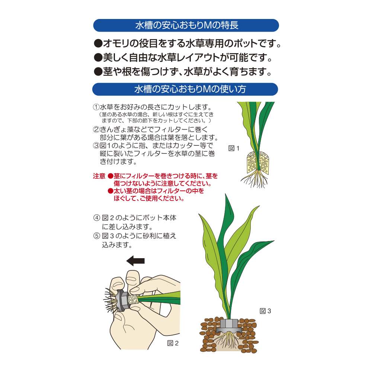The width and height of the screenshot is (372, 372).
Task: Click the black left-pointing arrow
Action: tap(135, 261)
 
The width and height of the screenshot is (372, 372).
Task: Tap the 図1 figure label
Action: tap(234, 148)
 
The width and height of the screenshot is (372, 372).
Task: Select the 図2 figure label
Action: tap(173, 343)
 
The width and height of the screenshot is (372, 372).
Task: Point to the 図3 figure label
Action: tap(265, 311)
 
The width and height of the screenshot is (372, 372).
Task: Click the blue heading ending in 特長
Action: tap(186, 25)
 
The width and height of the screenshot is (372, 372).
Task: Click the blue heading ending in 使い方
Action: tap(185, 89)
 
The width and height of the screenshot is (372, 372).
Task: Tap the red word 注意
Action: tap(99, 176)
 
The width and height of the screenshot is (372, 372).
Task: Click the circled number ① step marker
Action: tap(96, 107)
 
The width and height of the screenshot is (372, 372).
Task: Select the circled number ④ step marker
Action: tap(97, 218)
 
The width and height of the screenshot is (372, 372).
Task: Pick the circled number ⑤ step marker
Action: tap(97, 236)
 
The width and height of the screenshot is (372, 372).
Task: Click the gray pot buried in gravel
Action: tap(229, 326)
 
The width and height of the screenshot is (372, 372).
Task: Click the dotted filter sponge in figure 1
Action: tap(258, 163)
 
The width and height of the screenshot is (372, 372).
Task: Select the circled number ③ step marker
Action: tap(96, 145)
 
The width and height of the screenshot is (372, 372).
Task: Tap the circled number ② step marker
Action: tap(96, 129)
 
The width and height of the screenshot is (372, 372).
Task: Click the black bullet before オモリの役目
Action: tap(98, 44)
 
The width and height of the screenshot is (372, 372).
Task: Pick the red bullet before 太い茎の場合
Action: tap(110, 191)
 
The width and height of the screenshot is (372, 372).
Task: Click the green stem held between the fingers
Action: tap(159, 298)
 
